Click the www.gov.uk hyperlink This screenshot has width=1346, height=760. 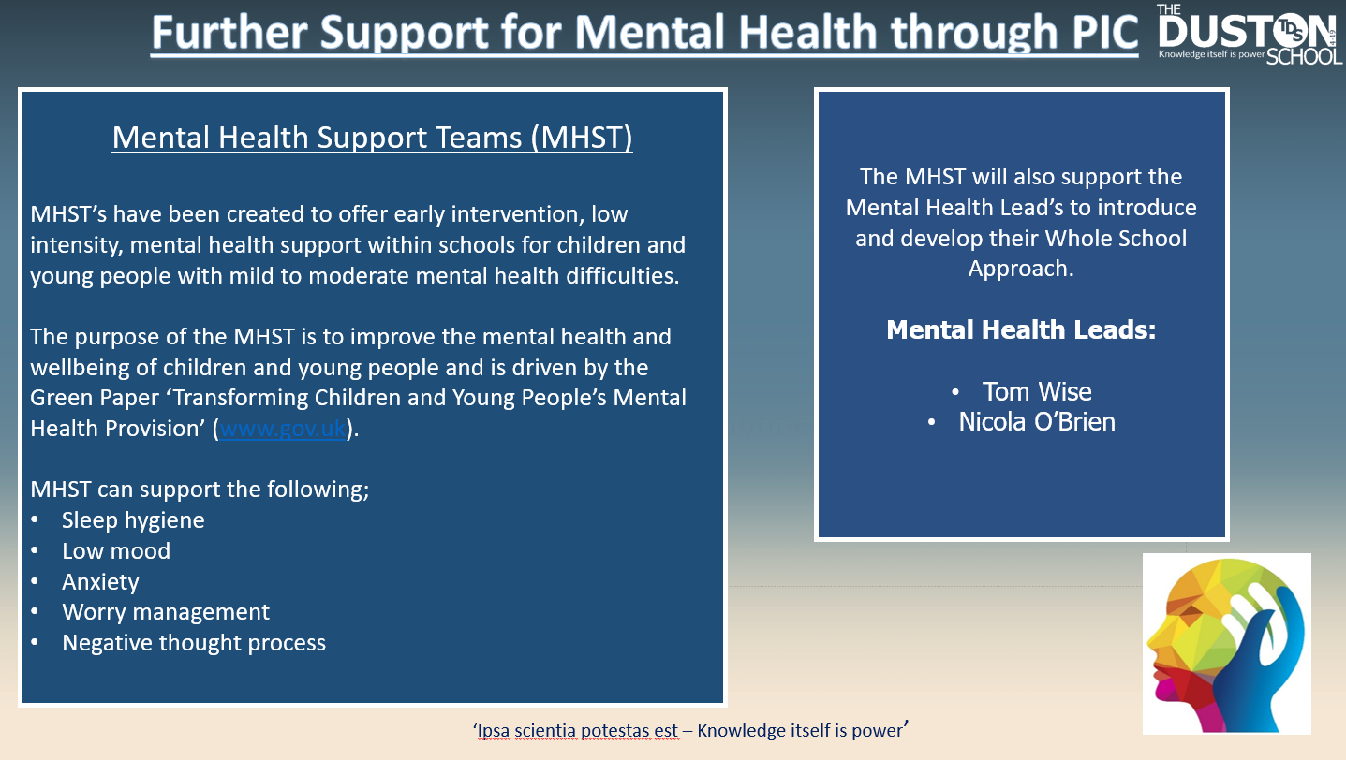[283, 429]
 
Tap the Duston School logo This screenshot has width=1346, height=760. [1250, 35]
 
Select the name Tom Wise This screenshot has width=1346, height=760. [1037, 392]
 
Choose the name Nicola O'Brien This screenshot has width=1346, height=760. [1037, 422]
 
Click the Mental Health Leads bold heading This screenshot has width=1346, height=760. [1021, 329]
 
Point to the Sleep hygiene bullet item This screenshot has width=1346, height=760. [133, 520]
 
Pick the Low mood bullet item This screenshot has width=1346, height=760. [116, 551]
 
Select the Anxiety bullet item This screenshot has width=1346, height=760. [100, 582]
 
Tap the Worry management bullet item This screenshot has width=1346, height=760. [166, 612]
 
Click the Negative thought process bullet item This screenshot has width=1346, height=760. [194, 643]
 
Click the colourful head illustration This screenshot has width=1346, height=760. [1226, 644]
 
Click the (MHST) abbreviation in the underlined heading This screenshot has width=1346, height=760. [581, 138]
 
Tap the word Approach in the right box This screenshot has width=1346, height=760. [1020, 269]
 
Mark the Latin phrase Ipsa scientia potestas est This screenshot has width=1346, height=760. [577, 731]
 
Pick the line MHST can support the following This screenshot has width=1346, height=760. [200, 490]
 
